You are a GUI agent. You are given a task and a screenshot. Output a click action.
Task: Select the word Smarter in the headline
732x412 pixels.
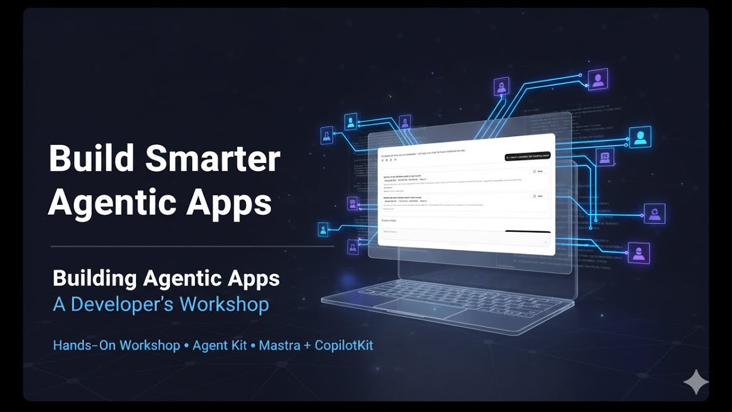pyautogui.click(x=213, y=159)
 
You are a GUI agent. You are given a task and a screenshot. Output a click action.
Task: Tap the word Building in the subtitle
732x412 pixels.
pyautogui.click(x=94, y=279)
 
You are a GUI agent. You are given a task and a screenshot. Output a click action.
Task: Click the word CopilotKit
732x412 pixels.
pyautogui.click(x=344, y=346)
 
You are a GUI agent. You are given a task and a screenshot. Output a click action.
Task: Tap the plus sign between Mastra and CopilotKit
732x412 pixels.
pyautogui.click(x=309, y=346)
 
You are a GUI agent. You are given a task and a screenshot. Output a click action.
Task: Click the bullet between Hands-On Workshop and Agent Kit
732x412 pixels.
pyautogui.click(x=186, y=346)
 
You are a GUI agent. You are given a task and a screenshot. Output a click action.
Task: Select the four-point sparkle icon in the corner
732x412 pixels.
pyautogui.click(x=696, y=382)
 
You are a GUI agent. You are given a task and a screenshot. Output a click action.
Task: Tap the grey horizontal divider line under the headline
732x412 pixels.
pyautogui.click(x=192, y=247)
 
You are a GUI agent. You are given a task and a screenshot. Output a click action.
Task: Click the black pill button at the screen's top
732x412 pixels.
pyautogui.click(x=527, y=156)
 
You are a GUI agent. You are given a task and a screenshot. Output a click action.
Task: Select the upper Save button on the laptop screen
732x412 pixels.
pyautogui.click(x=538, y=171)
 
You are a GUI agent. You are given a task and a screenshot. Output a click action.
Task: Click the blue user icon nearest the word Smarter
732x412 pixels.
pyautogui.click(x=326, y=136)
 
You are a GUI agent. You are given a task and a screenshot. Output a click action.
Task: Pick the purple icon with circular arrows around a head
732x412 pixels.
pyautogui.click(x=654, y=213)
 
